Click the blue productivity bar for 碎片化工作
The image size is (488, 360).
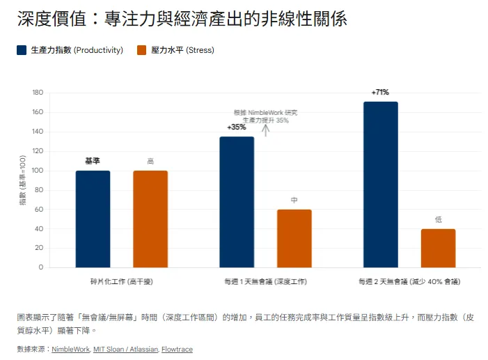pyautogui.click(x=93, y=219)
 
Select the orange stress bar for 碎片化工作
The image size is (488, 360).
pyautogui.click(x=150, y=219)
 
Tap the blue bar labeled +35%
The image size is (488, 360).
pyautogui.click(x=237, y=202)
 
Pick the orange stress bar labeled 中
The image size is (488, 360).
pyautogui.click(x=294, y=238)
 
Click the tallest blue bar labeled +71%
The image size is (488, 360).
pyautogui.click(x=381, y=185)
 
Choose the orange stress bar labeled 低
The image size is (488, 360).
pyautogui.click(x=438, y=248)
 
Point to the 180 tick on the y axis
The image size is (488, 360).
pyautogui.click(x=38, y=93)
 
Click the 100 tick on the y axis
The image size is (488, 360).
pyautogui.click(x=38, y=171)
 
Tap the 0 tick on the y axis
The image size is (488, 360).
pyautogui.click(x=40, y=267)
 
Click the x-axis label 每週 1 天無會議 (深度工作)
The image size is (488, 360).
pyautogui.click(x=265, y=282)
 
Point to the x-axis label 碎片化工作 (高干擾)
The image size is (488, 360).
pyautogui.click(x=121, y=282)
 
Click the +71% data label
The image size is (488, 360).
pyautogui.click(x=380, y=92)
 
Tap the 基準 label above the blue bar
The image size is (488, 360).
pyautogui.click(x=93, y=161)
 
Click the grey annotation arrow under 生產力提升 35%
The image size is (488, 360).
pyautogui.click(x=265, y=130)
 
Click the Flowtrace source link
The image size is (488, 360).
pyautogui.click(x=177, y=349)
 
